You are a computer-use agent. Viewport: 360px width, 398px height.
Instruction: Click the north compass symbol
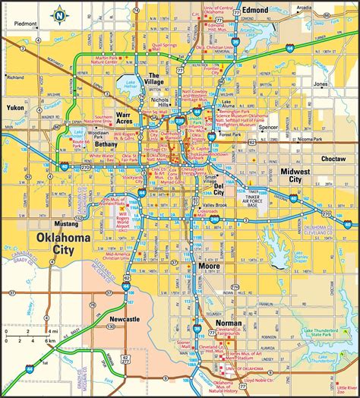[x=58, y=14]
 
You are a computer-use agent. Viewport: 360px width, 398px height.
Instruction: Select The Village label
[x=156, y=79]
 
